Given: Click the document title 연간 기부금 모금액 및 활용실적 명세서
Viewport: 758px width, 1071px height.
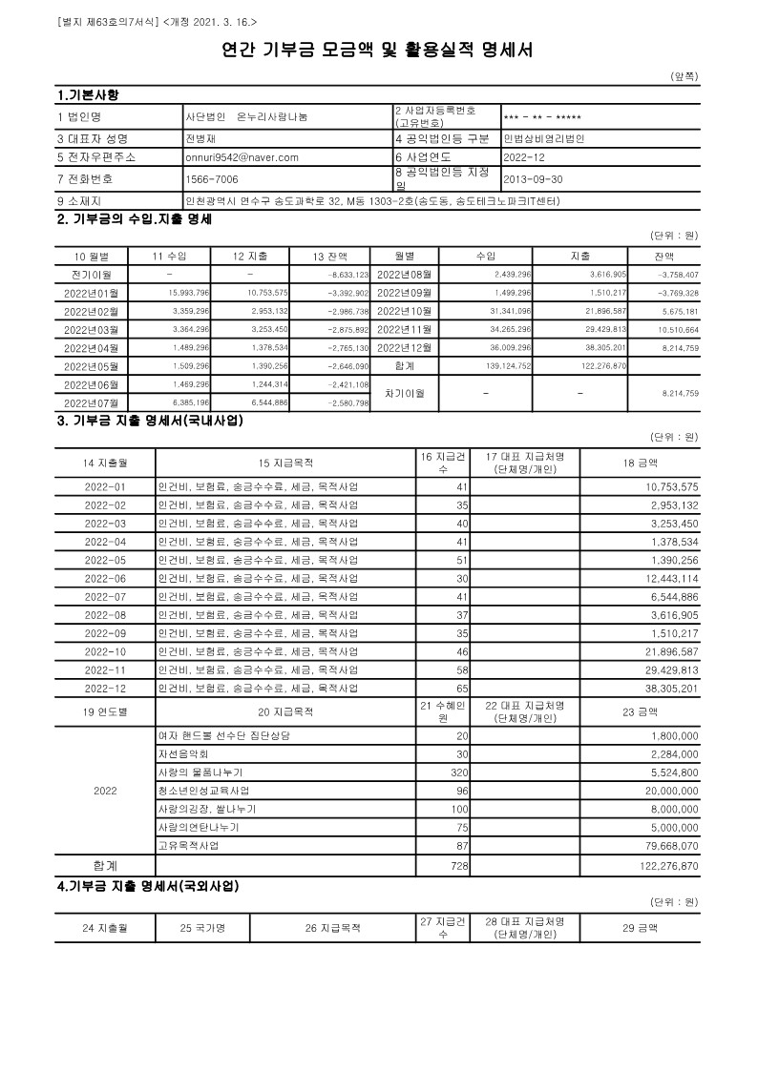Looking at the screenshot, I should click(378, 50).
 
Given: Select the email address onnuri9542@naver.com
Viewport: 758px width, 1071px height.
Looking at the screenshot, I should click(242, 157).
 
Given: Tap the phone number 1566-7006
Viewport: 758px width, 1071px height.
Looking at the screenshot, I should click(212, 178).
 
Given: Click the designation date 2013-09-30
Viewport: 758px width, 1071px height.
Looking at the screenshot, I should click(534, 178).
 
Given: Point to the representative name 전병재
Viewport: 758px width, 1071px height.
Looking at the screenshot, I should click(201, 138).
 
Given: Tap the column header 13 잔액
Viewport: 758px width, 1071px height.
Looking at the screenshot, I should click(330, 256).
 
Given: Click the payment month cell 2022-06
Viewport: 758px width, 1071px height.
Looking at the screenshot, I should click(105, 579).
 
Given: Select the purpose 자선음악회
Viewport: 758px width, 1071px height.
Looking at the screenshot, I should click(182, 753).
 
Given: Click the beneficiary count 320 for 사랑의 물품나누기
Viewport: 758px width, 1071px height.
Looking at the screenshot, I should click(459, 772).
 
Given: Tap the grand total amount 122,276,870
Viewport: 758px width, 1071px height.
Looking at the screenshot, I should click(666, 865).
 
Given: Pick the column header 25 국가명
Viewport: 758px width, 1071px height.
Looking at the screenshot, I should click(200, 926).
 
